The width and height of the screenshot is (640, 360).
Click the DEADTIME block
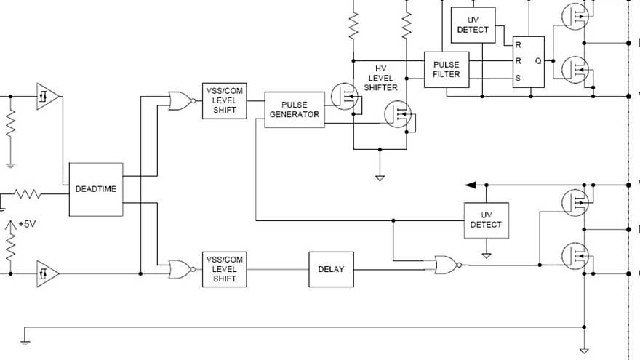(x=96, y=189)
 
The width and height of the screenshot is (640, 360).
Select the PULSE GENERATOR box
(x=294, y=110)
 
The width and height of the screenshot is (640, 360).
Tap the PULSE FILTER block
(x=447, y=69)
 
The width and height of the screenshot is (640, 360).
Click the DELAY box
(x=331, y=269)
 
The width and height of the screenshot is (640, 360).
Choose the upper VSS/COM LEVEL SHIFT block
(x=225, y=100)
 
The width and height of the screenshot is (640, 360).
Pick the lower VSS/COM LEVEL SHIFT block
(x=225, y=269)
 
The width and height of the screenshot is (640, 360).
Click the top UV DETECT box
(x=473, y=25)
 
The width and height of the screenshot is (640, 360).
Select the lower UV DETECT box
(x=487, y=220)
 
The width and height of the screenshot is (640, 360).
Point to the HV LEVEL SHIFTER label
(x=382, y=77)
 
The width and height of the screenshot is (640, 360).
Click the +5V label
(x=27, y=224)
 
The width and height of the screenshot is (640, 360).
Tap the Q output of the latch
(x=538, y=61)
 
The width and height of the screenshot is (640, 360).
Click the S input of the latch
(x=519, y=78)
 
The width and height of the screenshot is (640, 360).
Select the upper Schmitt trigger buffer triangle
(x=48, y=96)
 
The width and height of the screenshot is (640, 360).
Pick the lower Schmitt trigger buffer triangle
(x=48, y=273)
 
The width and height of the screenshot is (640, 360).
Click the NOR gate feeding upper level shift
(x=180, y=101)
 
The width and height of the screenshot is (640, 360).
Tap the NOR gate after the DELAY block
(x=446, y=265)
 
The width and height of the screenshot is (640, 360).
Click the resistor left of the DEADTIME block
(x=28, y=194)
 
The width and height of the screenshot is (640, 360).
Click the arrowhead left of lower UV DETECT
(x=471, y=185)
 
